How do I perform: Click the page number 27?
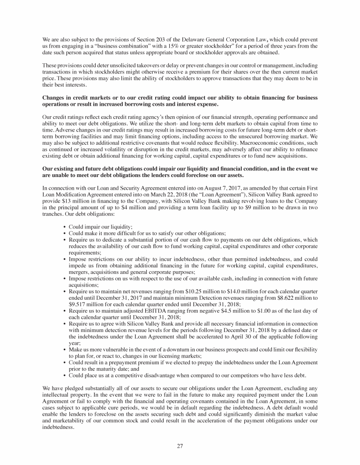(180, 445)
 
